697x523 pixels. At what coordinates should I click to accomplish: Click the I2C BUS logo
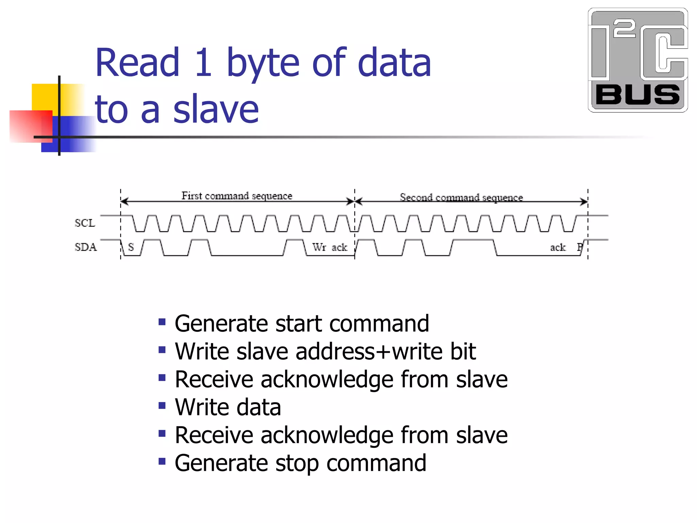638,60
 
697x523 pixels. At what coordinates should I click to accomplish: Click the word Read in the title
137,63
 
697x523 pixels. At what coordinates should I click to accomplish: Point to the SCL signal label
85,223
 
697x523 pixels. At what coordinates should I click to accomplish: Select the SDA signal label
86,247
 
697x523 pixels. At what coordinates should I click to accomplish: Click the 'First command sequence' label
237,196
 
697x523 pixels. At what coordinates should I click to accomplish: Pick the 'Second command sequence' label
461,197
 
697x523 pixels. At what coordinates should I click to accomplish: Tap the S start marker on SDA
131,247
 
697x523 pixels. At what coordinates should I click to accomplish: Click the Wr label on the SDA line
319,247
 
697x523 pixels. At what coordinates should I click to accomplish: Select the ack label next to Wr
339,248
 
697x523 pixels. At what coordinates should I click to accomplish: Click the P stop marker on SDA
580,247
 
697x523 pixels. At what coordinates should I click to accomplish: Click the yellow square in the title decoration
44,97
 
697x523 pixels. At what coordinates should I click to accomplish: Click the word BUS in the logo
637,95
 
